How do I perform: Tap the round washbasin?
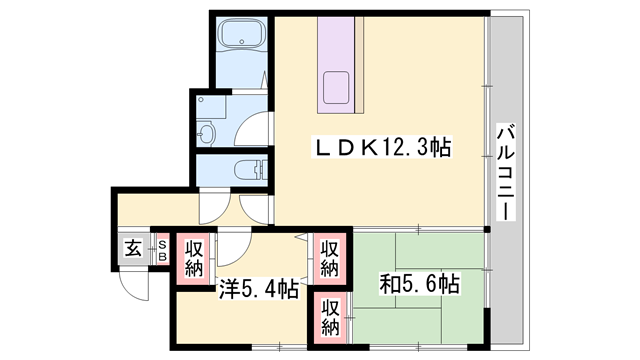(x=207, y=132)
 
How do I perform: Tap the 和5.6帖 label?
(x=419, y=285)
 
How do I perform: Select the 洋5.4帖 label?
(x=258, y=290)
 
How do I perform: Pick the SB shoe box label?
(x=160, y=250)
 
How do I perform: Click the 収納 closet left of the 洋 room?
(x=192, y=256)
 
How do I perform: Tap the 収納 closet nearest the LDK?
(x=329, y=256)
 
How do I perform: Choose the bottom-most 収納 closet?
(x=329, y=317)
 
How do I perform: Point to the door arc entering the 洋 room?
(x=230, y=251)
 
